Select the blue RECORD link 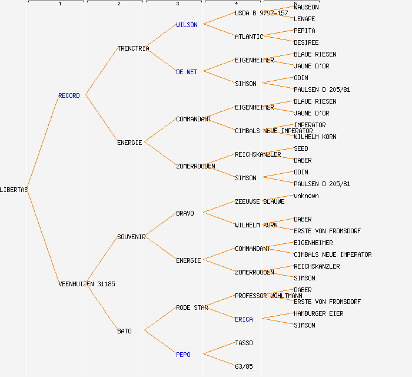coord(69,95)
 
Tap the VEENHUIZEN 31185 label coord(87,284)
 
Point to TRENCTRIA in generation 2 coord(133,48)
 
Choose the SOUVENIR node coord(131,237)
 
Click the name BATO coord(124,331)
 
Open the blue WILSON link coord(187,25)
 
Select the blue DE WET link coord(187,72)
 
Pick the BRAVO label coord(185,213)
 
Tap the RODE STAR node coord(192,307)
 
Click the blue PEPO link coord(183,355)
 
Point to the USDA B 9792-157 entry coord(261,13)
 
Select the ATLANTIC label coord(249,37)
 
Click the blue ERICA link coord(244,319)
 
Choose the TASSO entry coord(244,343)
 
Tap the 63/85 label coord(244,366)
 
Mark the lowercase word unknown coord(306,196)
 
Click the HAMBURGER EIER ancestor coord(318,313)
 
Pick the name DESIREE coord(306,42)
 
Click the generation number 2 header coord(118,4)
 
